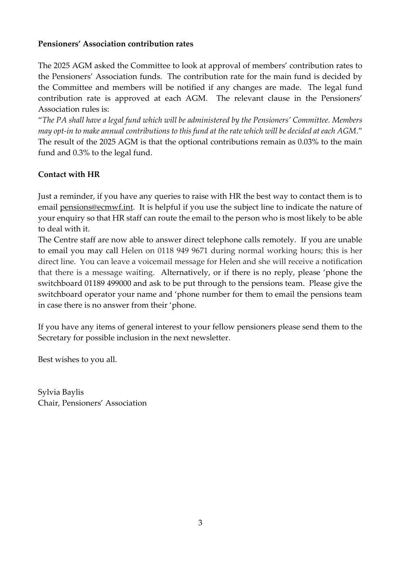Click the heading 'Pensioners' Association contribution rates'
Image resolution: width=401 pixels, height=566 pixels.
115,44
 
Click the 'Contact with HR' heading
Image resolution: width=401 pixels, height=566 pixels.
69,175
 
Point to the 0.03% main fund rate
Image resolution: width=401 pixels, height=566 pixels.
309,142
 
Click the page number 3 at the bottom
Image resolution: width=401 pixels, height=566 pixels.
200,523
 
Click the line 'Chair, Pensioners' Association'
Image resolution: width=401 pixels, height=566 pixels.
92,403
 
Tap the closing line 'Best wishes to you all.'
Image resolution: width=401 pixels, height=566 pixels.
77,359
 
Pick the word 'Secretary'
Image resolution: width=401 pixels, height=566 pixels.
55,338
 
